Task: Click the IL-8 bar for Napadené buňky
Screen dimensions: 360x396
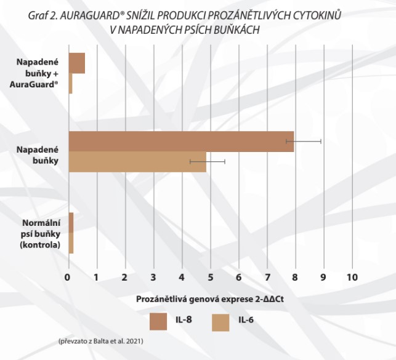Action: pos(181,141)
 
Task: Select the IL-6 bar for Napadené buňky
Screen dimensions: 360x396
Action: pos(137,161)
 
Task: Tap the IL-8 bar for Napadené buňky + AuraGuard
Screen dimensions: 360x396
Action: pos(76,63)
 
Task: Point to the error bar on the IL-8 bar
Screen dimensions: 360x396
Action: pos(304,141)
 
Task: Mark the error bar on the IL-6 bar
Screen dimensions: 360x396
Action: pos(208,161)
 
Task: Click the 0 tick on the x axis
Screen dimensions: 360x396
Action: pos(68,276)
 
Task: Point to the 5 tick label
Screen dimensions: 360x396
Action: pos(211,276)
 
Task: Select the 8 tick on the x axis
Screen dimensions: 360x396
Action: pos(296,276)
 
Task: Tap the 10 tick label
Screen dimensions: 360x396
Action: pos(352,276)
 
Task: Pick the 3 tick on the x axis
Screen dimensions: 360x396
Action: pos(153,276)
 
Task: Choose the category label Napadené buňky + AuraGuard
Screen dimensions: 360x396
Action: pos(39,73)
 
